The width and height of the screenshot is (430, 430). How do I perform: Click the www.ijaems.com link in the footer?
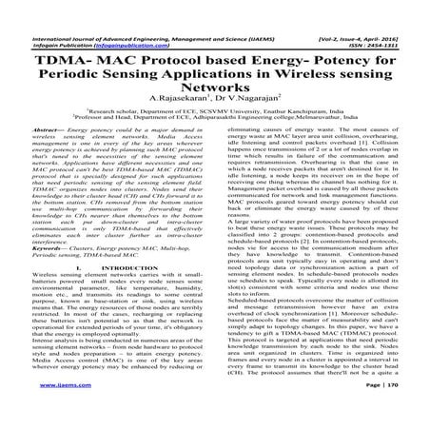pyautogui.click(x=35, y=414)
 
